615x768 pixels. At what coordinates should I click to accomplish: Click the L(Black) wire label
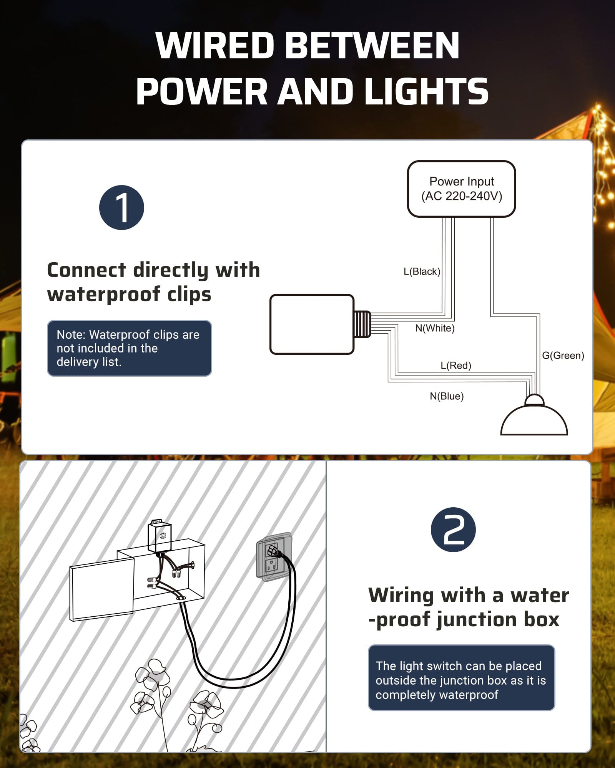click(x=422, y=271)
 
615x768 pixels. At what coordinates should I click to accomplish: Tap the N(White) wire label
click(x=435, y=328)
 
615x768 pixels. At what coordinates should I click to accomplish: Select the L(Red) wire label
click(x=455, y=365)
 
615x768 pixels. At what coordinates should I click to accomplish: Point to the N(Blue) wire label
click(x=446, y=396)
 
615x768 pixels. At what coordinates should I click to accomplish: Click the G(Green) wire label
click(x=563, y=355)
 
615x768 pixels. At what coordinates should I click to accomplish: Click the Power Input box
click(x=461, y=189)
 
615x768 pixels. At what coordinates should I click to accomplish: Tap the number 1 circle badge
click(x=121, y=208)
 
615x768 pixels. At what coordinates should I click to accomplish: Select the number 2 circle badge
click(x=453, y=530)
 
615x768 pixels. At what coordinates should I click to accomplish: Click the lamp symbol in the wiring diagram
click(x=534, y=419)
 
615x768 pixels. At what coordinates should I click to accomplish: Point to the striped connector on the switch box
click(x=362, y=324)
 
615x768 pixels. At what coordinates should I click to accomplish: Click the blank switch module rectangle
click(x=312, y=324)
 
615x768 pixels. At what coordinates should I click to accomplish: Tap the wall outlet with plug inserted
click(x=274, y=557)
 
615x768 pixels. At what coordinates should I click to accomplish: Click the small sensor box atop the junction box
click(x=160, y=536)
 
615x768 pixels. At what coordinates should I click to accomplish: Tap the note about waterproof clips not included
click(x=129, y=348)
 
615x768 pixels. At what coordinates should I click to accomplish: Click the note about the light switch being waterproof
click(x=461, y=680)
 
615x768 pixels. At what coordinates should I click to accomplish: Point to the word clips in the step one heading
click(x=189, y=295)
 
